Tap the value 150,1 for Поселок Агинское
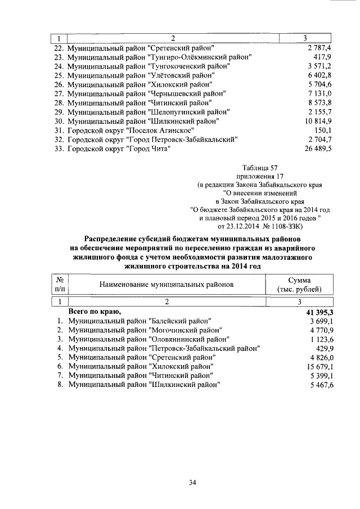click(x=323, y=130)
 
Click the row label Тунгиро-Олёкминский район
click(x=159, y=57)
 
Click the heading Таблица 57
click(x=260, y=167)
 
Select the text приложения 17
click(x=260, y=176)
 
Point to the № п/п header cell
click(x=59, y=285)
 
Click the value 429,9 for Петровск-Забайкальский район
click(x=323, y=348)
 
